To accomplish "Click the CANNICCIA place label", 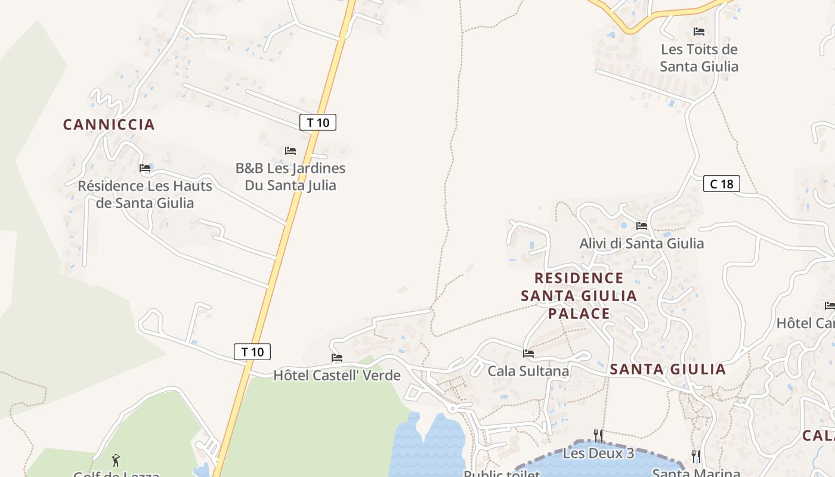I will pyautogui.click(x=109, y=125).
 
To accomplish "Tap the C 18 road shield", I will pyautogui.click(x=722, y=184).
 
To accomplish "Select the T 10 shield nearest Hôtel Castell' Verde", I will pyautogui.click(x=252, y=352).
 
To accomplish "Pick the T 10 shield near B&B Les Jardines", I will pyautogui.click(x=318, y=123).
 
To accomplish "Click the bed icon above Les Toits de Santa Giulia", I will pyautogui.click(x=699, y=32).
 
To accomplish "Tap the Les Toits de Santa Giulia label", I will pyautogui.click(x=699, y=58).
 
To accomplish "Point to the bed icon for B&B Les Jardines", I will pyautogui.click(x=290, y=151).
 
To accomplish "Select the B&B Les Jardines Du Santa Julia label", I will pyautogui.click(x=290, y=176).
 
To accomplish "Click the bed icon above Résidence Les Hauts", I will pyautogui.click(x=145, y=168).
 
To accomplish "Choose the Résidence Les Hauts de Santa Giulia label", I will pyautogui.click(x=145, y=194).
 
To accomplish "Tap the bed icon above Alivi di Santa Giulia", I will pyautogui.click(x=642, y=226).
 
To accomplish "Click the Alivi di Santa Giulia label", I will pyautogui.click(x=642, y=243).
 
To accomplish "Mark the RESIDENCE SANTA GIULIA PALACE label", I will pyautogui.click(x=579, y=296).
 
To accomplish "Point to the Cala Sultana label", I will pyautogui.click(x=528, y=371).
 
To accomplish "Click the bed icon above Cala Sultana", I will pyautogui.click(x=528, y=354).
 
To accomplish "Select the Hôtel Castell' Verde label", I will pyautogui.click(x=337, y=376).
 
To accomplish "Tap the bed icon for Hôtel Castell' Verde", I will pyautogui.click(x=337, y=358).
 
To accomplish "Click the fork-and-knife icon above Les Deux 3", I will pyautogui.click(x=599, y=435).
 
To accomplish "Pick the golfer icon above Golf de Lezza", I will pyautogui.click(x=116, y=460).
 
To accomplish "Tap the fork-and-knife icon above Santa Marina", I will pyautogui.click(x=696, y=457).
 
